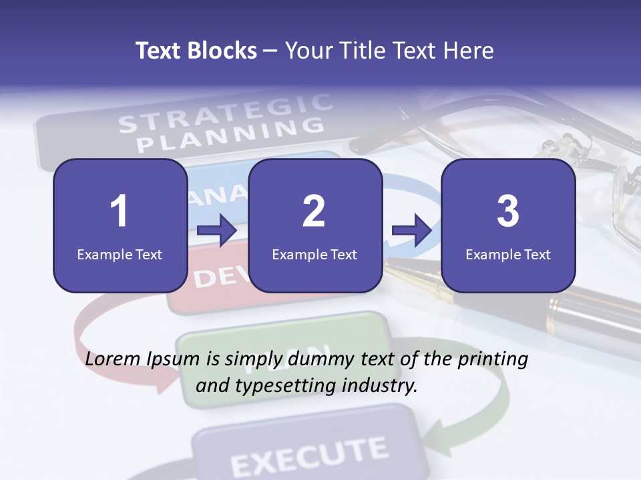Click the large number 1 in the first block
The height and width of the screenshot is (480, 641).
pos(119,212)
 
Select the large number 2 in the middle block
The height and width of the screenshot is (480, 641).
pos(314,212)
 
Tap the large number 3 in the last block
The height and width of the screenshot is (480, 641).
pos(508,212)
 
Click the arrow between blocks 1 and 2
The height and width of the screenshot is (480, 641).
pos(217,231)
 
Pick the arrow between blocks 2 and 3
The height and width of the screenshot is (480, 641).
pos(411,231)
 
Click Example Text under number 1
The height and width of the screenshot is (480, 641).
pos(120,254)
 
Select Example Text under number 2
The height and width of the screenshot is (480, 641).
pos(314,254)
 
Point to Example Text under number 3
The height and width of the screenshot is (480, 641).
pos(508,254)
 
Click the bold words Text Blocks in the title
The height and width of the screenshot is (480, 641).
pos(196,51)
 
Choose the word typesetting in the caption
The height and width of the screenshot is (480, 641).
pos(290,385)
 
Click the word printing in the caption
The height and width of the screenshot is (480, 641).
pos(493,359)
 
